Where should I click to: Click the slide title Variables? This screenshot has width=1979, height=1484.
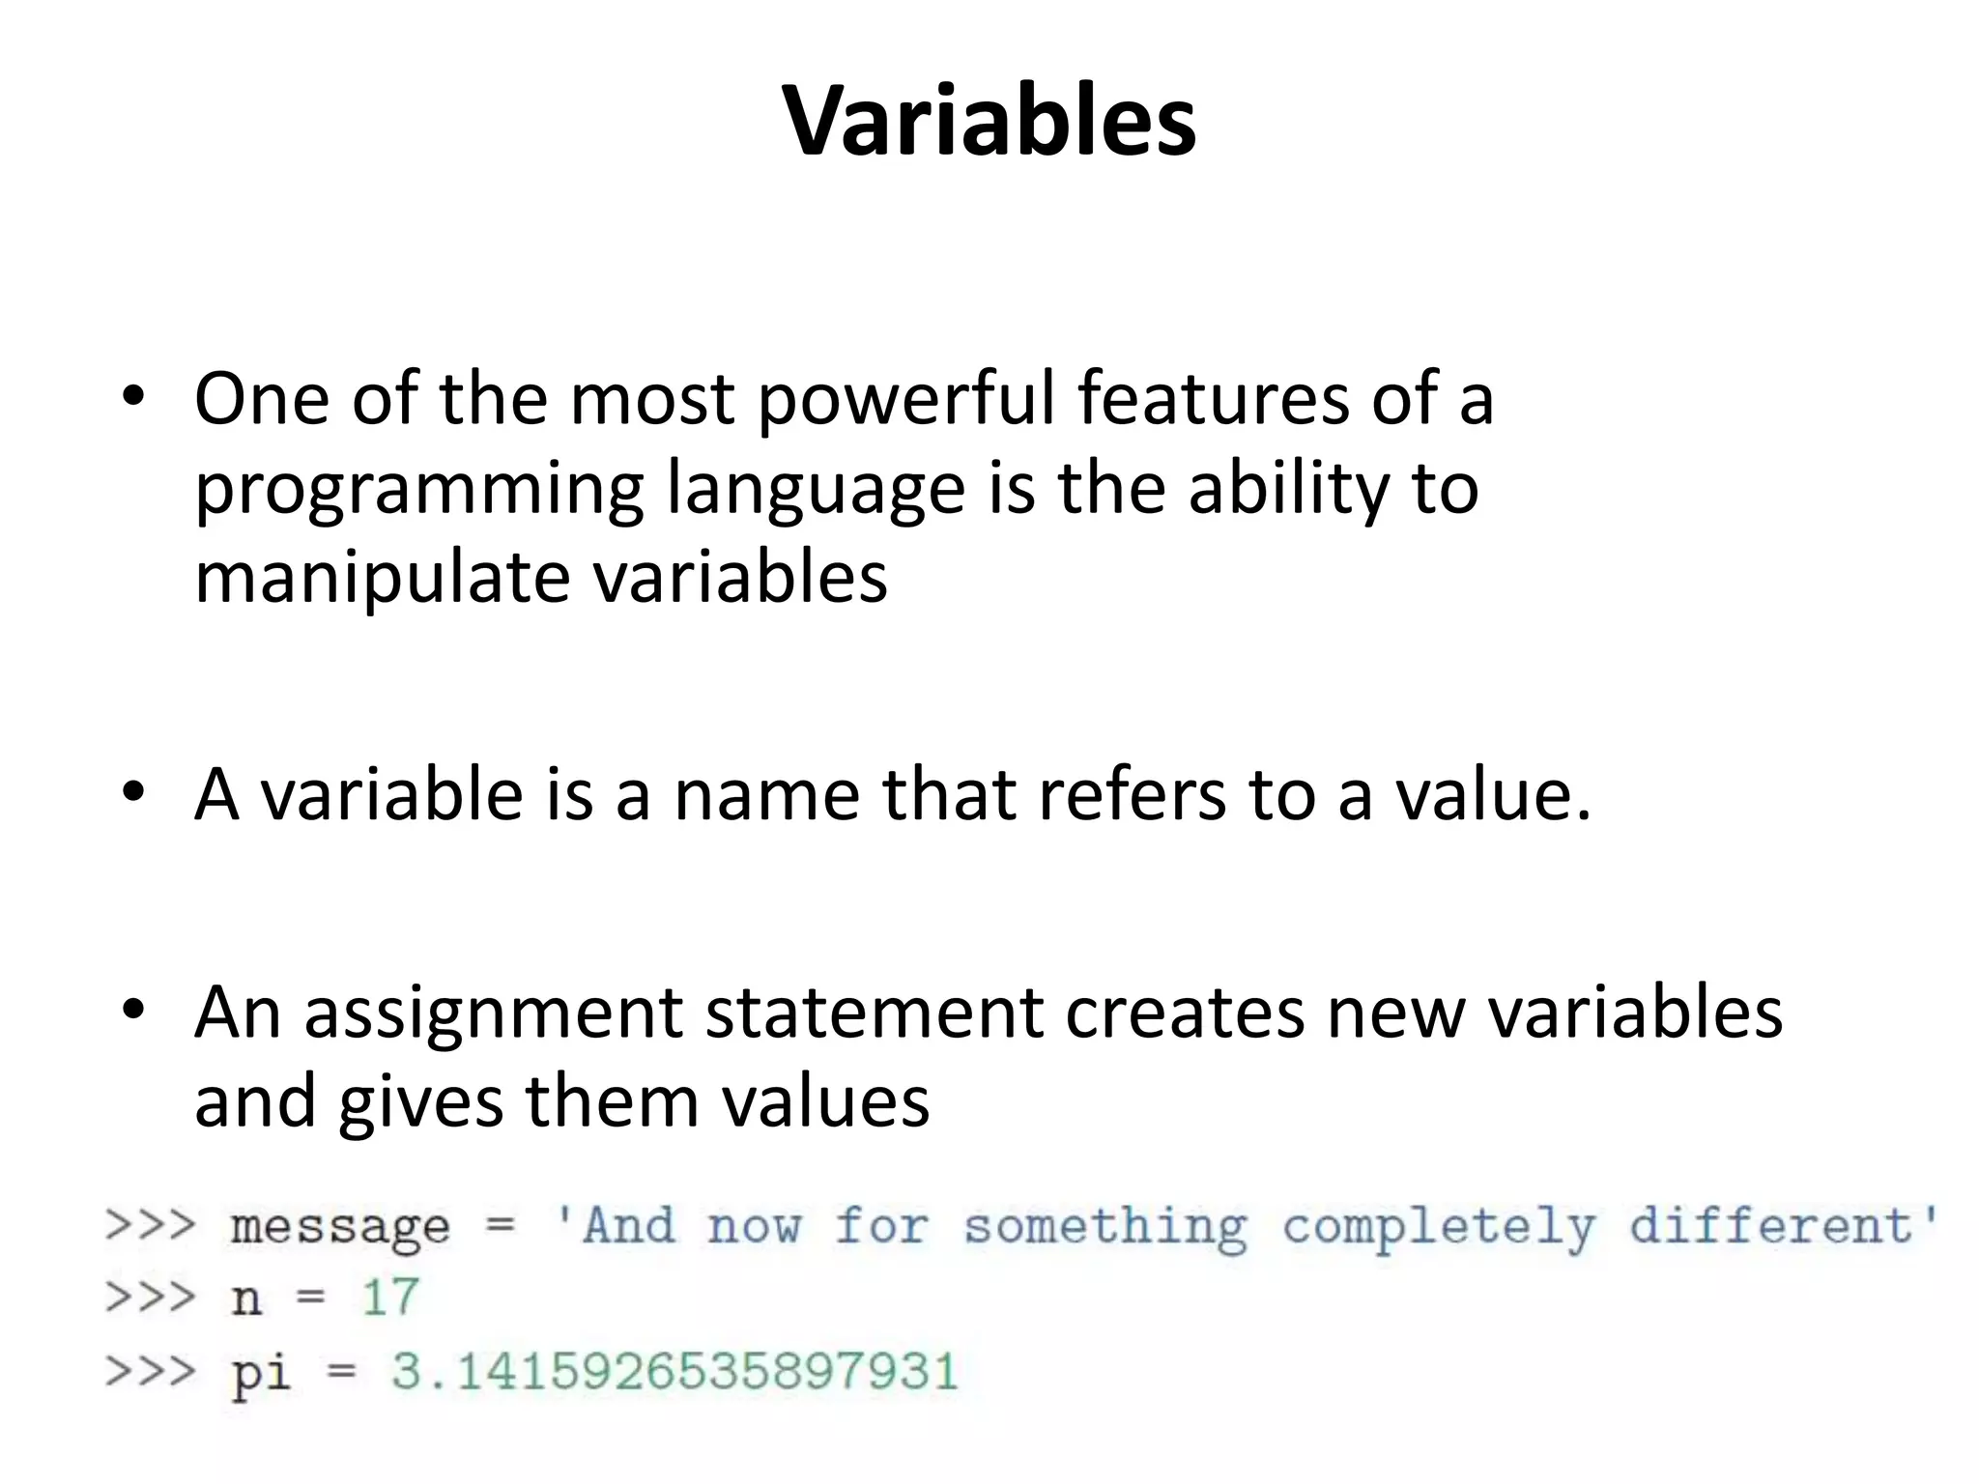point(989,122)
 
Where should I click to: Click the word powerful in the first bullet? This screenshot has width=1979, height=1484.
point(906,398)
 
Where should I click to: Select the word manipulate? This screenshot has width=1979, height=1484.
point(382,578)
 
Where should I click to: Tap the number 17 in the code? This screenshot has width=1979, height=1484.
point(390,1297)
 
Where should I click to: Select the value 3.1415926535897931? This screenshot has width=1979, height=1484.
point(674,1372)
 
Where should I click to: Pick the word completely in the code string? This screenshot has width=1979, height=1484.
point(1438,1227)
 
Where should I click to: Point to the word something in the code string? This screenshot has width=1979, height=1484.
point(1105,1227)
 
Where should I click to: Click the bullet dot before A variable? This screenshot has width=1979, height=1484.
point(133,794)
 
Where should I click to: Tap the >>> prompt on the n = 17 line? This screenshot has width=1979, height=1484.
point(151,1297)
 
